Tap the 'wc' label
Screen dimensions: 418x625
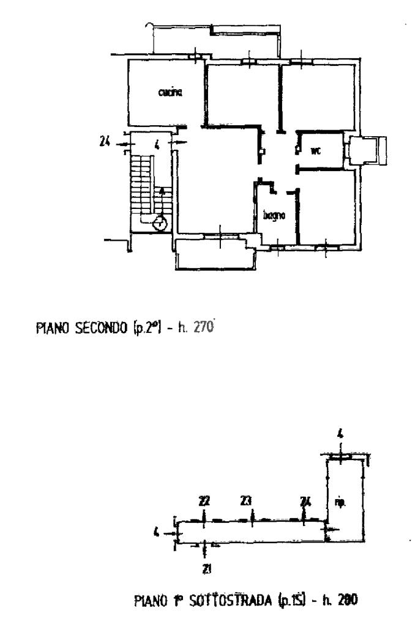pos(316,150)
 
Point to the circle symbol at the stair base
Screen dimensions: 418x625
pos(160,223)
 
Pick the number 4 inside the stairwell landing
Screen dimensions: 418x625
pos(157,146)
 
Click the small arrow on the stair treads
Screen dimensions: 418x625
pos(162,191)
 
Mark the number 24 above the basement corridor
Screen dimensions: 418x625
pos(305,501)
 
